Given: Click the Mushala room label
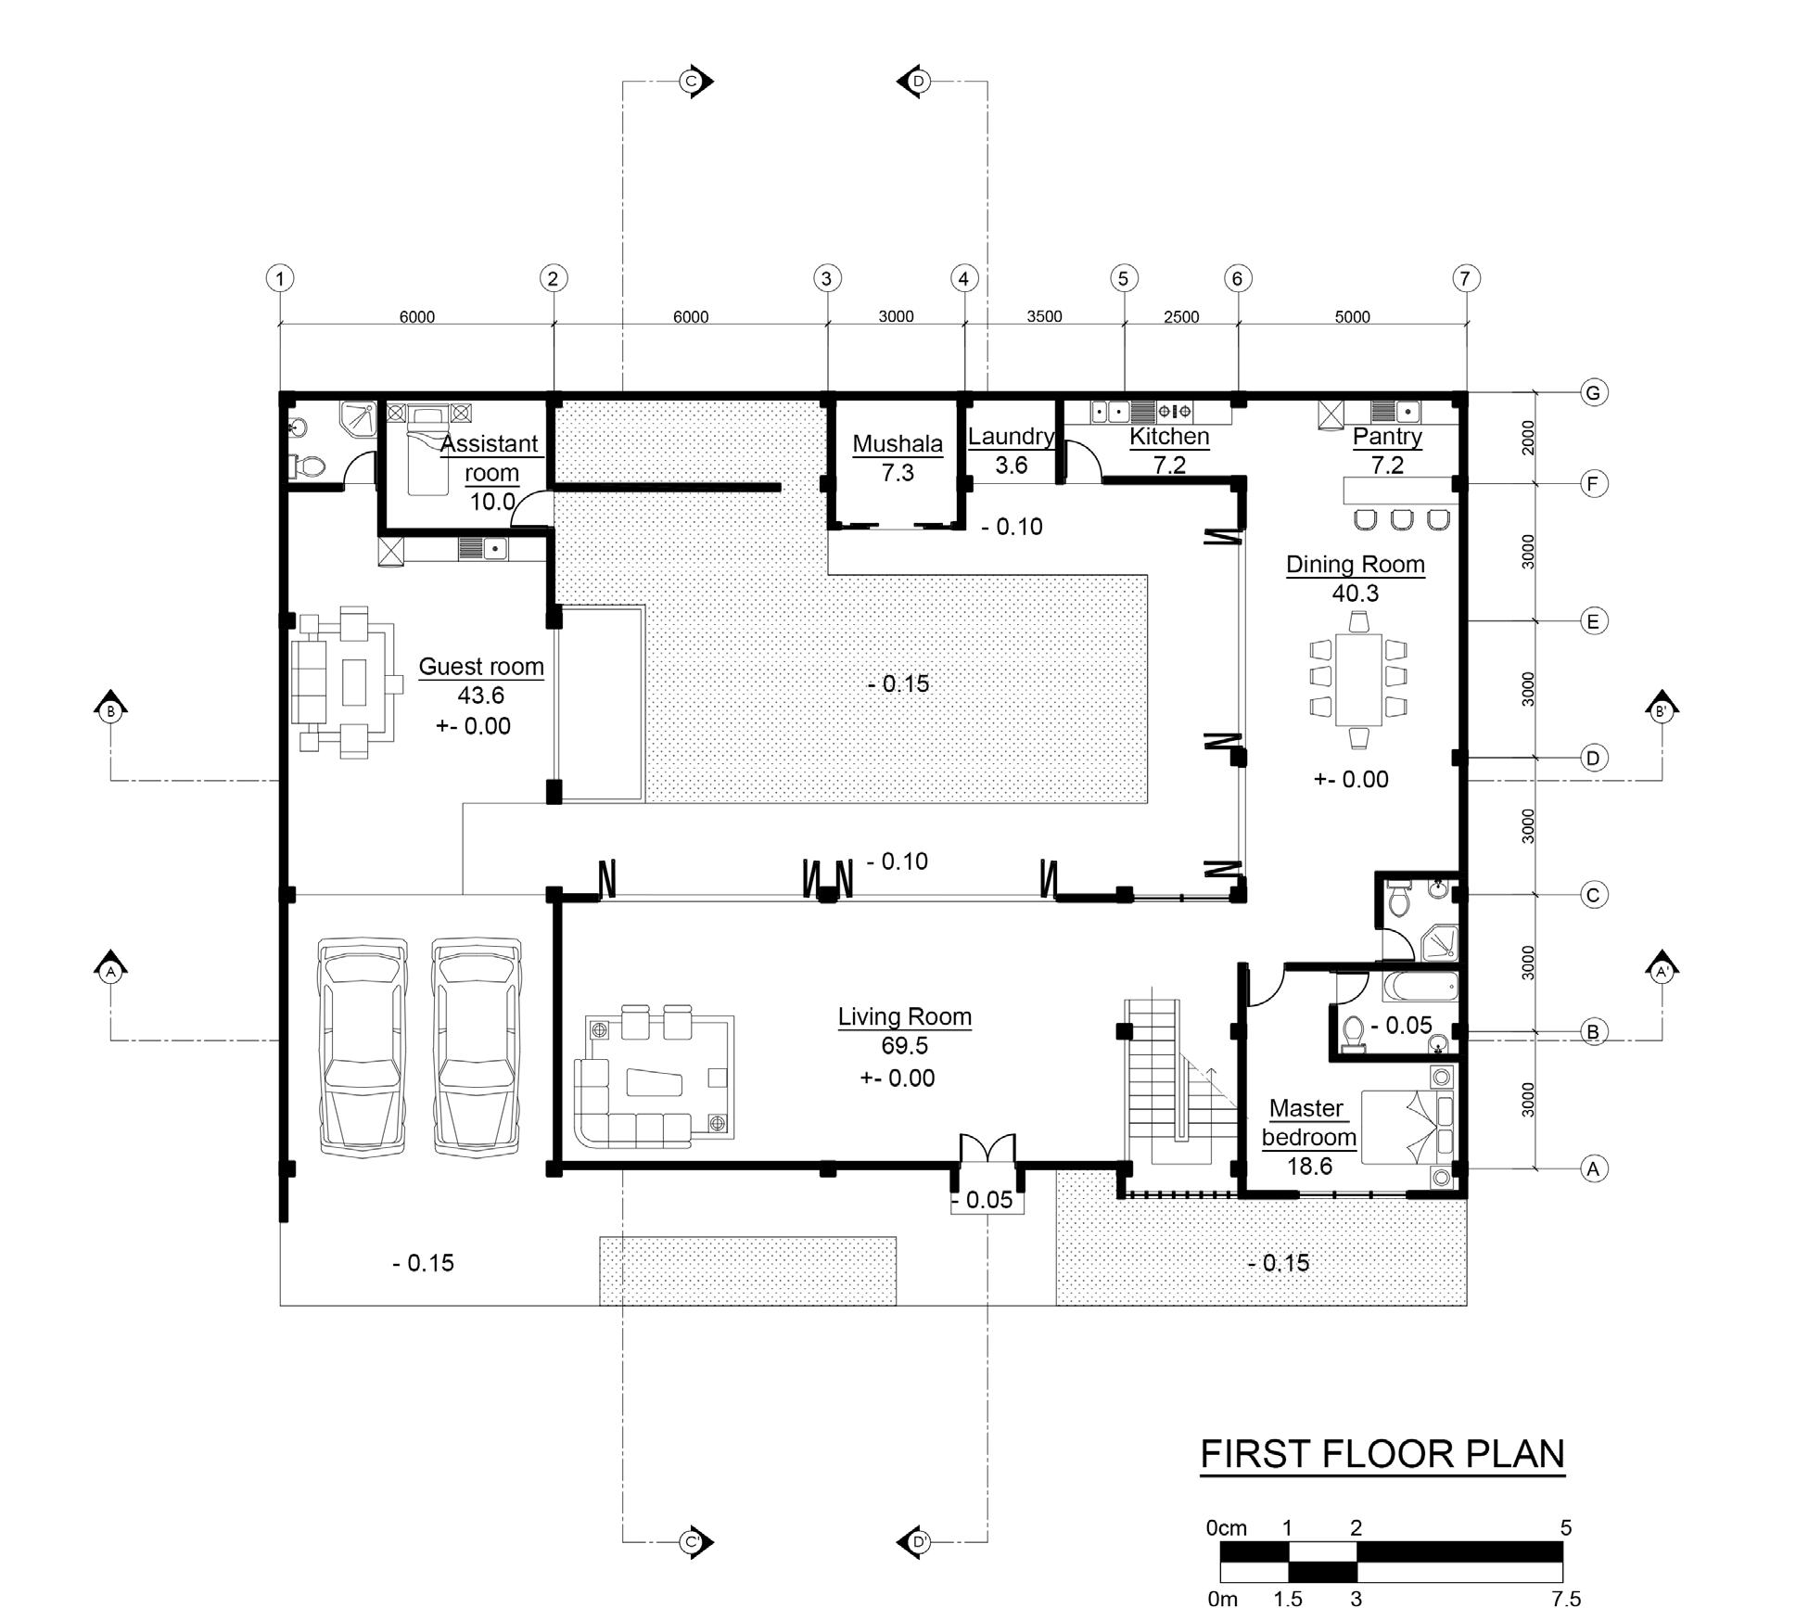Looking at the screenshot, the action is pos(898,444).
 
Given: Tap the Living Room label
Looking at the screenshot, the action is pos(905,1017).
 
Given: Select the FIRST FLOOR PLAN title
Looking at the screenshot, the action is pos(1382,1454).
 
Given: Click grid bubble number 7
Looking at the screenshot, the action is pos(1465,278).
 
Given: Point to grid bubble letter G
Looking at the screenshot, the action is pos(1593,393).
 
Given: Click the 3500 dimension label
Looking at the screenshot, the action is pos(1044,317).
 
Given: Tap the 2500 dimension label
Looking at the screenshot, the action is pos(1181,317).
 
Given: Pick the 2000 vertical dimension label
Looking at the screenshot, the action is pos(1528,438).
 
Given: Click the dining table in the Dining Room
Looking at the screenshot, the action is pos(1358,680).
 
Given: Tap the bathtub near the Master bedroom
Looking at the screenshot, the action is pos(1420,986).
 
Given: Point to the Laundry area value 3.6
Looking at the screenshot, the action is pos(1011,466).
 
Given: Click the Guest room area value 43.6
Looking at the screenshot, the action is pos(480,696).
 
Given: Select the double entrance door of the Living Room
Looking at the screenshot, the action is pos(987,1148).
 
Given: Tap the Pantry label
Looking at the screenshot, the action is pos(1387,437).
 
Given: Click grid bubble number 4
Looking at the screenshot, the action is pos(964,278).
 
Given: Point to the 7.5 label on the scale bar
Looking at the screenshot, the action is pos(1565,1598).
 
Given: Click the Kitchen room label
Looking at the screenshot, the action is pos(1169,437).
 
